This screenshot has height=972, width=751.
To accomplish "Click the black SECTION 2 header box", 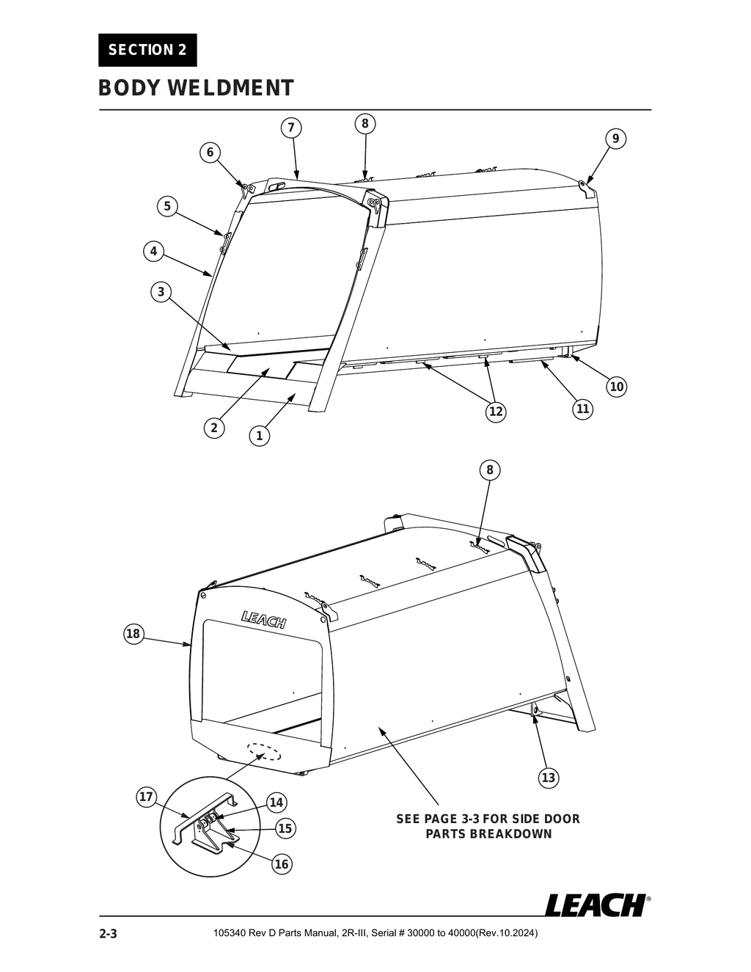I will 147,50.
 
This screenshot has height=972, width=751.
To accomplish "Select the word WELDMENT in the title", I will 230,88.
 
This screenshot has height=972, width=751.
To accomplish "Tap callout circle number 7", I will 290,128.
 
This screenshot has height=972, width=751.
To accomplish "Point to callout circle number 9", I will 615,139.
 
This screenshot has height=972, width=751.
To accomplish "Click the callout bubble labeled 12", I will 496,412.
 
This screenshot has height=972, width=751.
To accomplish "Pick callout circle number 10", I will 617,387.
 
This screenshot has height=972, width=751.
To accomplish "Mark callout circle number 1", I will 259,436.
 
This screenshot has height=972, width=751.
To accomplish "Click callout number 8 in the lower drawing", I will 490,469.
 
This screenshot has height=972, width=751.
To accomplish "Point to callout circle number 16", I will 282,864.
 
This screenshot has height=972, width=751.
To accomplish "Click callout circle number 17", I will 146,797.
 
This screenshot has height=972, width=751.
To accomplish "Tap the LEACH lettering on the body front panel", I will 264,621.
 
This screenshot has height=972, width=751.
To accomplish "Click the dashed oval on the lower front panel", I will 264,753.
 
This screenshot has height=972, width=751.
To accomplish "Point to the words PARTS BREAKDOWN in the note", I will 488,834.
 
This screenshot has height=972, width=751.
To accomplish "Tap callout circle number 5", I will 167,206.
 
